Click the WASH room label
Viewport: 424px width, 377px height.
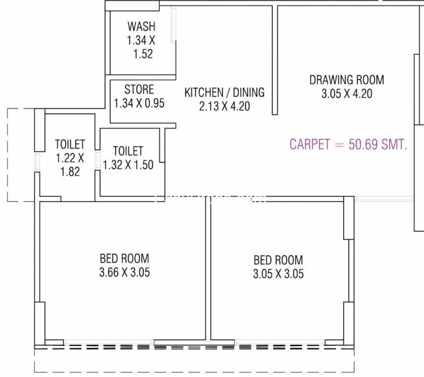coord(142,27)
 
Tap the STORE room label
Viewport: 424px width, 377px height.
coord(139,89)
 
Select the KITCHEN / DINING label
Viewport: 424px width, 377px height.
coord(224,92)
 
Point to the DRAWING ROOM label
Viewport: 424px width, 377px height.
coord(347,80)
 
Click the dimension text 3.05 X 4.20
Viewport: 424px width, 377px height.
coord(347,94)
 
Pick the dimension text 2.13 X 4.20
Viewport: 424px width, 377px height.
coord(224,106)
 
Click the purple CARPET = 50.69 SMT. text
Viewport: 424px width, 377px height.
coord(349,144)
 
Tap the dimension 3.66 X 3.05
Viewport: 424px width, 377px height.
coord(125,272)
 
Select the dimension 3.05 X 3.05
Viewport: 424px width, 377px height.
coord(278,273)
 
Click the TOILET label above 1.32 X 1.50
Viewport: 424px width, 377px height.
coord(128,151)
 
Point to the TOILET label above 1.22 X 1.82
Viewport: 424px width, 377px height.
coord(70,144)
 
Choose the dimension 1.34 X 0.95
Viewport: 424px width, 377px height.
coord(139,103)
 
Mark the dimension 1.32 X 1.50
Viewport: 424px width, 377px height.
coord(128,164)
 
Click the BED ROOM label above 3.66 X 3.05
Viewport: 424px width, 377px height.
coord(125,258)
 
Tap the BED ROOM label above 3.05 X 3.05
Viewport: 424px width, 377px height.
coord(278,260)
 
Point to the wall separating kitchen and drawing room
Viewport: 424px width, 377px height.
coord(274,60)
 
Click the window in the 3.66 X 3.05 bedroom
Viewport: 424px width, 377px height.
coord(109,342)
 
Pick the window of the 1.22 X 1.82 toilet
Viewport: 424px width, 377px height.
coord(37,162)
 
